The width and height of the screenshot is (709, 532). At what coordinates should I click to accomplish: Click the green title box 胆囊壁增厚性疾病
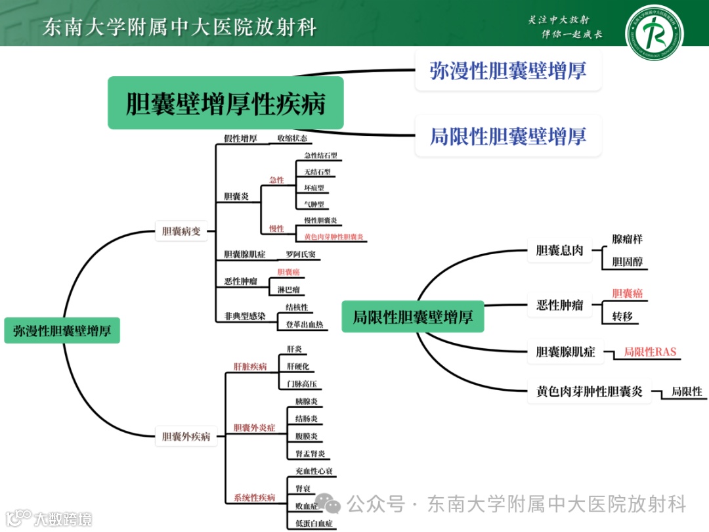226,103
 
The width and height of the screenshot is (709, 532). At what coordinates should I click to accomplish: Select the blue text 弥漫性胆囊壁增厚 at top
507,70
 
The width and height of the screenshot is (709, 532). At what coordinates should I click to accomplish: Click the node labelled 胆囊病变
181,231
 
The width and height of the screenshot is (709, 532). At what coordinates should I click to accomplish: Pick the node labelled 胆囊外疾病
186,435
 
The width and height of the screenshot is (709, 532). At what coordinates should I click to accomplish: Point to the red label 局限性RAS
649,352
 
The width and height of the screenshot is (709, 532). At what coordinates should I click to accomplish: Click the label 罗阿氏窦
301,254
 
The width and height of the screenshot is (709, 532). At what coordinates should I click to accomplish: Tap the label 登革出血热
304,324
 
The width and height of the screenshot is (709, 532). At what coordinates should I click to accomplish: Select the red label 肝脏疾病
250,366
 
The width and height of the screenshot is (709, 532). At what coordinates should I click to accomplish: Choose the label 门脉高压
301,384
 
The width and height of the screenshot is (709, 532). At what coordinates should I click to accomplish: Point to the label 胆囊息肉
559,250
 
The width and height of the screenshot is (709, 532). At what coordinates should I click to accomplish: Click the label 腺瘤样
628,239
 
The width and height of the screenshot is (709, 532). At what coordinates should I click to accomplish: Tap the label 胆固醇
627,261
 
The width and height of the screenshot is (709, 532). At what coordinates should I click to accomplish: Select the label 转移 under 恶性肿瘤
622,317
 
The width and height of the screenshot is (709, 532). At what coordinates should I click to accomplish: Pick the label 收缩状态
291,139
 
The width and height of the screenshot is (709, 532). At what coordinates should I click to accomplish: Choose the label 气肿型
314,204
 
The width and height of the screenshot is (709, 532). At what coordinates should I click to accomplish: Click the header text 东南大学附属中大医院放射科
179,28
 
